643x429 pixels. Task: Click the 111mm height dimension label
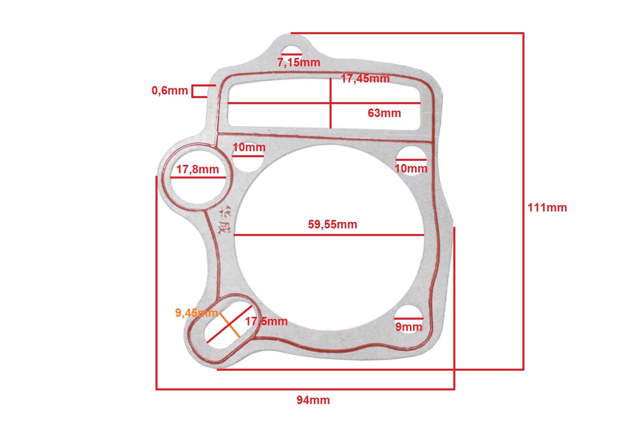pos(547,207)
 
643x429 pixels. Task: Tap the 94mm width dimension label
pos(313,400)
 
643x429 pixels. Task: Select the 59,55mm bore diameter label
pos(332,224)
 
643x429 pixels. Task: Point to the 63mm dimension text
pos(384,113)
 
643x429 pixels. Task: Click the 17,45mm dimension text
pos(365,78)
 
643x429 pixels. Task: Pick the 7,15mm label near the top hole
pos(299,62)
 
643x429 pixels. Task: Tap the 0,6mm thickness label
pos(170,90)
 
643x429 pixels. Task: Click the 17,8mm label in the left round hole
pos(197,169)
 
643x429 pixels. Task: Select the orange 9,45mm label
pos(197,312)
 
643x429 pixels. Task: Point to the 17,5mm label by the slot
pos(266,321)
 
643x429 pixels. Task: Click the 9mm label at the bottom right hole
pos(409,326)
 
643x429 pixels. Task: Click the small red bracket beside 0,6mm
pos(199,91)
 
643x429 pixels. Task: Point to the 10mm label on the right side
pos(411,168)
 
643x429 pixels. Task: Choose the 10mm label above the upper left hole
pos(249,147)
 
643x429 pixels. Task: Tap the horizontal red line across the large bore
pos(329,235)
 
